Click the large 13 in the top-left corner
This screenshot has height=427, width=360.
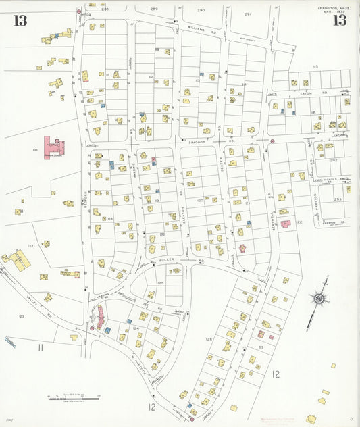[x=20, y=20]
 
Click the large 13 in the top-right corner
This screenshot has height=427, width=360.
[x=339, y=20]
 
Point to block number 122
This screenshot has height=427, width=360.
[x=298, y=222]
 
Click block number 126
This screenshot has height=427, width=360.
[x=209, y=339]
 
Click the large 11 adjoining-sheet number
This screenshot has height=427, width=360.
[x=41, y=347]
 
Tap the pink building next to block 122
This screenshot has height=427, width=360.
[x=286, y=223]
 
